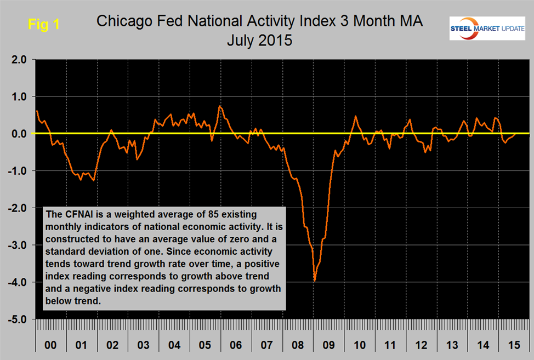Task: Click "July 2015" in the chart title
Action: [259, 41]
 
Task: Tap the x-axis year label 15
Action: [514, 347]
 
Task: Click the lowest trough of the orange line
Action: [315, 281]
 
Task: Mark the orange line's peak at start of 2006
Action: [219, 106]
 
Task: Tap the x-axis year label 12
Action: [422, 347]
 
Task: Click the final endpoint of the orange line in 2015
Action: [515, 133]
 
